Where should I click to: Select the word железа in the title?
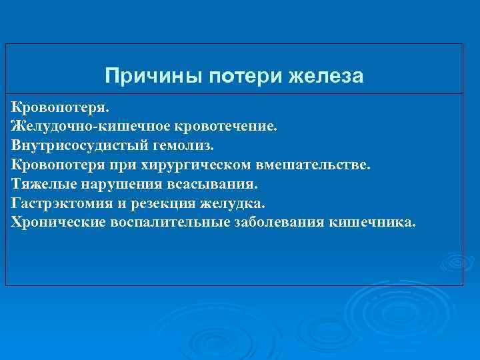point(327,77)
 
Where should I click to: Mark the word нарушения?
point(122,183)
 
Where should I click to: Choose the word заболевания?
point(280,221)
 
